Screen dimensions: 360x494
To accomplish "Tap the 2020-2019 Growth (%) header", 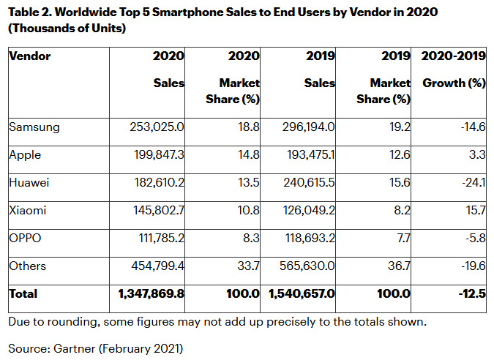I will pyautogui.click(x=454, y=70).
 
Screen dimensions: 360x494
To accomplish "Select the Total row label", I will pyautogui.click(x=23, y=294).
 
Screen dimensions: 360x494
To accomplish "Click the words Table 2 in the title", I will pyautogui.click(x=30, y=14).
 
